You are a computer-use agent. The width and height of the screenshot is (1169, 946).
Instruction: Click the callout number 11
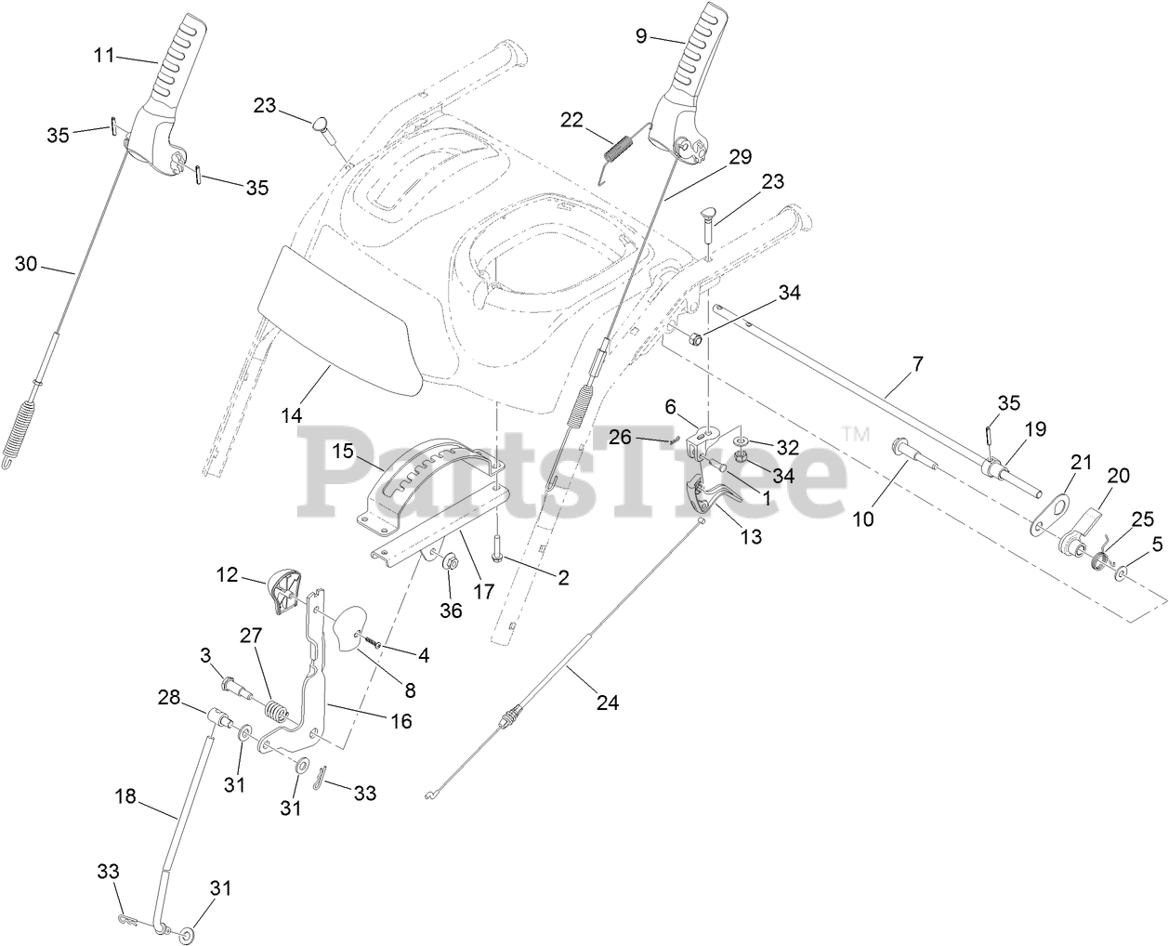tap(104, 56)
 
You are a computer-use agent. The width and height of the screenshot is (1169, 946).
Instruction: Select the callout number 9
tap(640, 35)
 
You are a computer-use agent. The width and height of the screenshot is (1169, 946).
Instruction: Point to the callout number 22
tap(571, 120)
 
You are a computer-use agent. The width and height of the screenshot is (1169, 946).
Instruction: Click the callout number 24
tap(607, 703)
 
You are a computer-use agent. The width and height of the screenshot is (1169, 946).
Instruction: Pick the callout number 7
tap(917, 364)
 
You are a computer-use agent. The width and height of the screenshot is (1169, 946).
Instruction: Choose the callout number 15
tap(343, 452)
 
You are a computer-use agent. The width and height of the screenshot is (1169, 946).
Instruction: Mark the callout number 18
tap(125, 796)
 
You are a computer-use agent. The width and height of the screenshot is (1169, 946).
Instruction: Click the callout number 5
tap(1157, 546)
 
